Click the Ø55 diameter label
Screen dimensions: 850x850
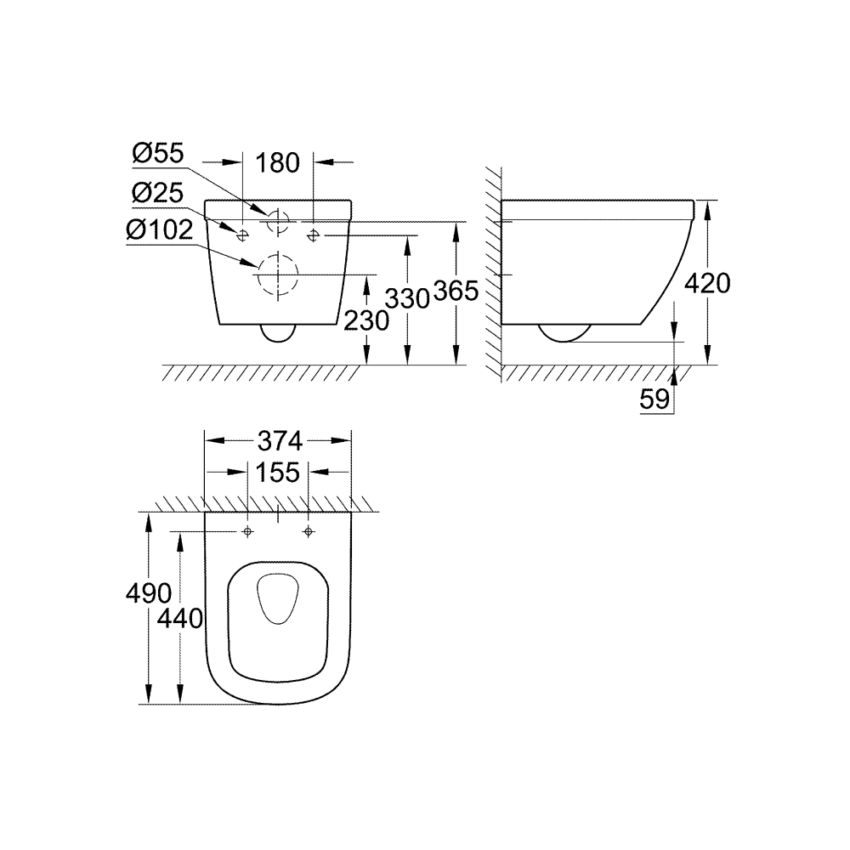[x=158, y=155]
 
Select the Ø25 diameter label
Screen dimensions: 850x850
[x=158, y=193]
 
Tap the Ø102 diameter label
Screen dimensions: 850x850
[x=164, y=230]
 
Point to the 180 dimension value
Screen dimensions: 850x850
[x=278, y=161]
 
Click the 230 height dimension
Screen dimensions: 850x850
[x=365, y=320]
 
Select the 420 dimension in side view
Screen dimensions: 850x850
[x=706, y=283]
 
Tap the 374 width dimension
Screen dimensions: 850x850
[x=279, y=440]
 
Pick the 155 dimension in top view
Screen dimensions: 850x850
[x=278, y=473]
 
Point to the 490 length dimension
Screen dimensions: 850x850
[x=149, y=592]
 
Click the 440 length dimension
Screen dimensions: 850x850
[x=180, y=618]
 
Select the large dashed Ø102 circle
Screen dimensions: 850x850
[x=276, y=275]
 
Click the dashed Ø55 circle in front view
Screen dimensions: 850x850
[x=277, y=220]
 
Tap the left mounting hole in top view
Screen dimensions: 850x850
[x=247, y=532]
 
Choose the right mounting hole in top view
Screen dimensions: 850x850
[x=309, y=532]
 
